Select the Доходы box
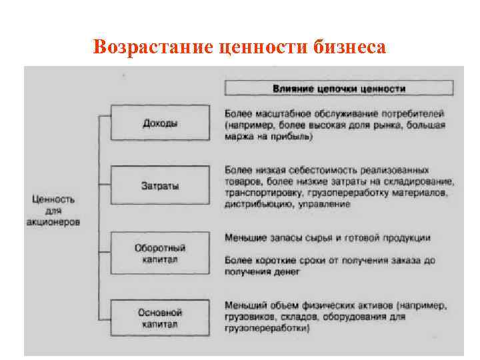click(x=160, y=124)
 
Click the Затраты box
click(x=160, y=186)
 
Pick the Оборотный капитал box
click(x=160, y=253)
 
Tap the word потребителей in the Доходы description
click(x=413, y=113)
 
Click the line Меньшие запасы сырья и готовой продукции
click(x=327, y=237)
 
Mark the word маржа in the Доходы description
click(x=237, y=137)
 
